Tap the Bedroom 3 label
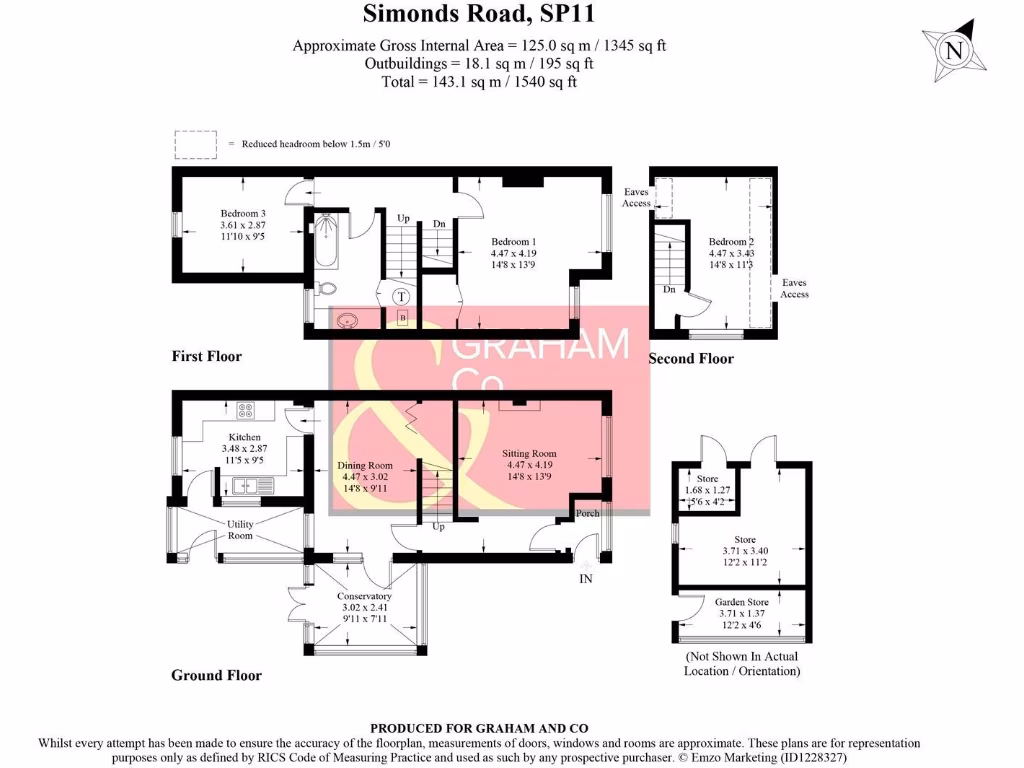click(243, 214)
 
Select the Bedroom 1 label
click(514, 242)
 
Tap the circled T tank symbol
click(401, 297)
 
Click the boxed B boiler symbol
click(403, 318)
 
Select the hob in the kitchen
click(245, 409)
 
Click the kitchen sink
click(250, 486)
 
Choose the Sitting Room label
click(529, 453)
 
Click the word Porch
click(587, 514)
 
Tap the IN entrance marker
click(586, 578)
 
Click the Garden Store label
click(741, 602)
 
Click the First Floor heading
click(207, 356)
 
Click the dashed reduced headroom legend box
click(196, 144)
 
